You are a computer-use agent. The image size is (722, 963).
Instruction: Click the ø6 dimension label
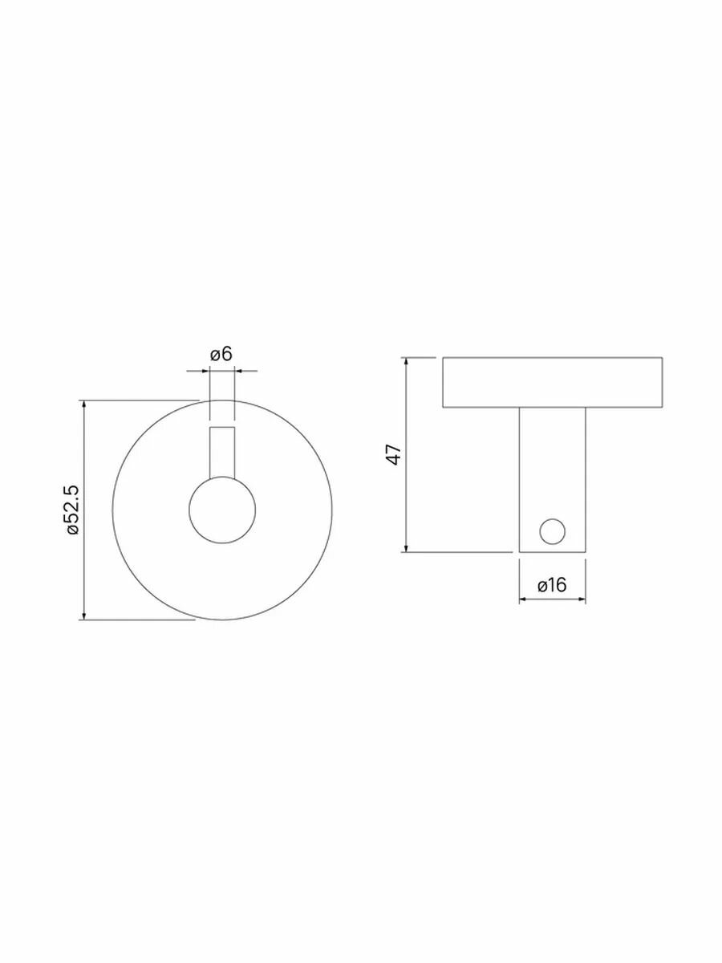[221, 354]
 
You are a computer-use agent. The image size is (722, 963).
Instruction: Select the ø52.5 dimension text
[73, 510]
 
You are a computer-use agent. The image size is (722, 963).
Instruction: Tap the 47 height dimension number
[395, 454]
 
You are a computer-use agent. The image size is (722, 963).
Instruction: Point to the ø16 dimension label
[553, 585]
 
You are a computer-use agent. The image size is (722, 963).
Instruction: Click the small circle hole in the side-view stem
[553, 531]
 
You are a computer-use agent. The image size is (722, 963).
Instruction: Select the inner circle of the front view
[222, 510]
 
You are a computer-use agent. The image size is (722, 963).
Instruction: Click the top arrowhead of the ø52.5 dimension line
[83, 404]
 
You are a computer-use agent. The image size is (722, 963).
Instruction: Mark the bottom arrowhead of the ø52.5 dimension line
[83, 616]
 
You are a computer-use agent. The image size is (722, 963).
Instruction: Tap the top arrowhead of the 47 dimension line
[407, 361]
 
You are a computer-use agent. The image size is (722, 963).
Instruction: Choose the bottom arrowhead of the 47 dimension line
[407, 547]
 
